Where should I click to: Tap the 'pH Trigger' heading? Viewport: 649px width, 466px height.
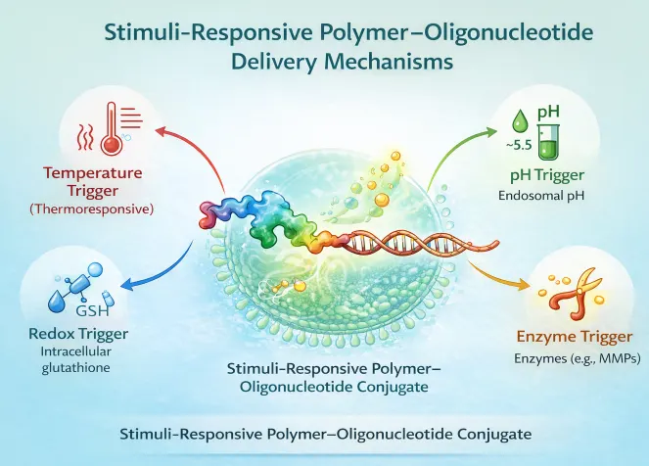(x=545, y=175)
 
